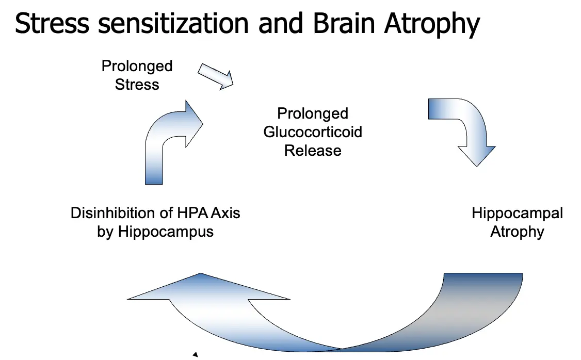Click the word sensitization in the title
coord(173,23)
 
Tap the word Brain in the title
coord(344,23)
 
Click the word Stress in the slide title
coord(52,23)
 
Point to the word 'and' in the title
coord(281,23)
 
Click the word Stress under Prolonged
coord(137,85)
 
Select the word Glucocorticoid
coord(313,132)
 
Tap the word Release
coord(313,151)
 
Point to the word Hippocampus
coord(166,233)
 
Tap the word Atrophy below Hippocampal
coord(517,233)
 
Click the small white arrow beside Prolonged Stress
coord(215,76)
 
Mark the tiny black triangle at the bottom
coord(196,354)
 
